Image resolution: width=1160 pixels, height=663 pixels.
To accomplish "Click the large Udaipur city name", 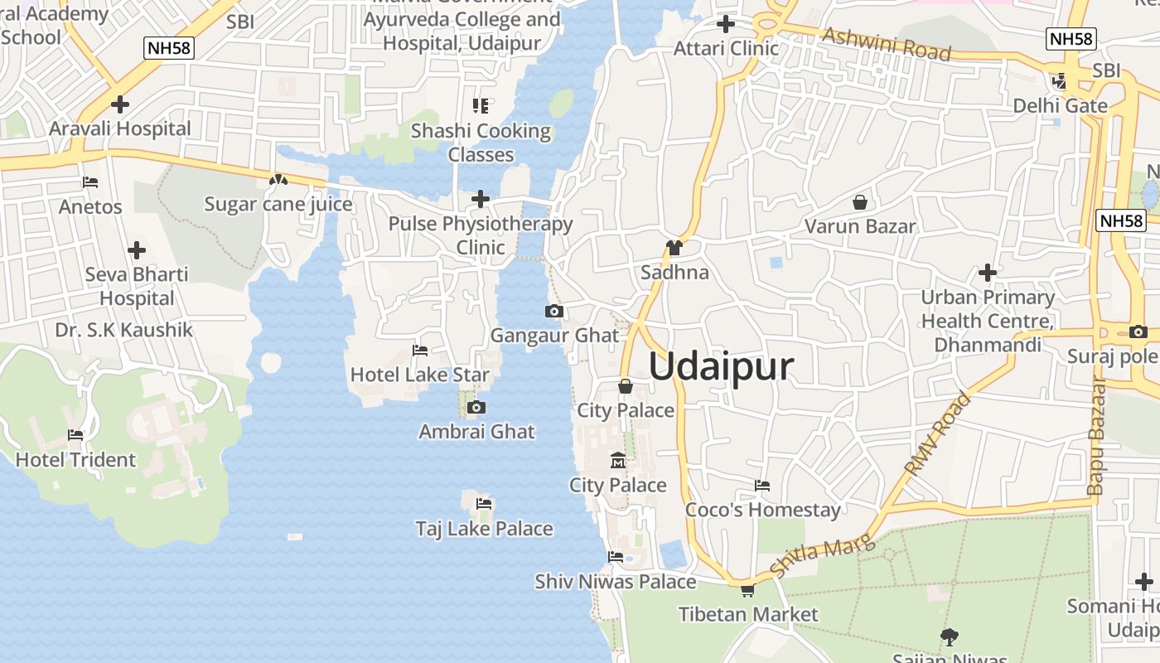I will click(x=721, y=366).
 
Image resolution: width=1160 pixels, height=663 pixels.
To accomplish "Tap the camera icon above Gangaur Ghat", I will click(x=554, y=312).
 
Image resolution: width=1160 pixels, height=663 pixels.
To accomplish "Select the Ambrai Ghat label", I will click(x=476, y=432).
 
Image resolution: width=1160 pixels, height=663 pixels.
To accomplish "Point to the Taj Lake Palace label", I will click(x=484, y=529).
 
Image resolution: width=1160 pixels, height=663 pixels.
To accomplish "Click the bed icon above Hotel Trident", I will click(x=75, y=435).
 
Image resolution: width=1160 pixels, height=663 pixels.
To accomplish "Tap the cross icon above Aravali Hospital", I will click(x=120, y=104).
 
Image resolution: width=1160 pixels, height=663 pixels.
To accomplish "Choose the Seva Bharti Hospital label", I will click(x=137, y=286).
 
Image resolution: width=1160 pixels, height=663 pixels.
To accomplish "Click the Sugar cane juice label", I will click(x=278, y=204).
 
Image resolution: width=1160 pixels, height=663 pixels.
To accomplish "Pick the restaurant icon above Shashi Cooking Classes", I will click(x=481, y=105).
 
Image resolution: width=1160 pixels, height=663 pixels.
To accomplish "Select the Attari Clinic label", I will click(x=726, y=48).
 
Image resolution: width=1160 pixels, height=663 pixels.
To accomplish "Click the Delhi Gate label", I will click(x=1060, y=106).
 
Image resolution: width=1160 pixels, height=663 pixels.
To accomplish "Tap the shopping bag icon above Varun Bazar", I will click(x=860, y=202).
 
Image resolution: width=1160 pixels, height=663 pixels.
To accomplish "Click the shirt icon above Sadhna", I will click(x=674, y=248).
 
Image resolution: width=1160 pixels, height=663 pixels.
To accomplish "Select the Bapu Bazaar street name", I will click(x=1097, y=436).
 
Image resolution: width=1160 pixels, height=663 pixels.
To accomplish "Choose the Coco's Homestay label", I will click(x=762, y=510).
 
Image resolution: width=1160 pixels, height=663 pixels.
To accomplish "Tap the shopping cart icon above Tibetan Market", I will click(x=747, y=590).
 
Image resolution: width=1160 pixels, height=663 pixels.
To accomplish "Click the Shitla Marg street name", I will click(x=822, y=556).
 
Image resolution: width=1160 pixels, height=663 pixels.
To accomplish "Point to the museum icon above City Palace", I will click(x=617, y=461).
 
